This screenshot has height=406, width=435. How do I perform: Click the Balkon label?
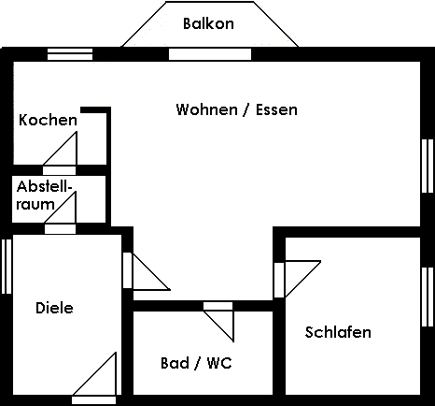[x=208, y=23]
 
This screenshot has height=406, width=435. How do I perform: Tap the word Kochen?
[x=48, y=120]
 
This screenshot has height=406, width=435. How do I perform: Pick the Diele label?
[x=54, y=308]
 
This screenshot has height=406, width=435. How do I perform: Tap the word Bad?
[x=175, y=362]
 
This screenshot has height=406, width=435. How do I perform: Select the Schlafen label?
[x=338, y=332]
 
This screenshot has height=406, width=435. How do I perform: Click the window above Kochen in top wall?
[x=70, y=53]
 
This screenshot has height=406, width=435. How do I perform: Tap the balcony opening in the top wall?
[x=195, y=53]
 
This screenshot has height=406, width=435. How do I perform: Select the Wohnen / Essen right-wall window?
[x=428, y=166]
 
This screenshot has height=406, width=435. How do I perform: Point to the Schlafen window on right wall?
[x=428, y=297]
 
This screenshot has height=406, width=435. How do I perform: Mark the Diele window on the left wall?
[x=7, y=267]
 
